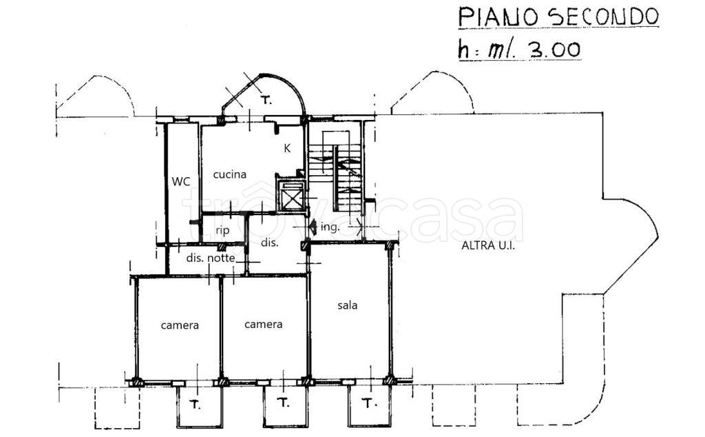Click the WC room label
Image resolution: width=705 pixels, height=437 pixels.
[x=181, y=182]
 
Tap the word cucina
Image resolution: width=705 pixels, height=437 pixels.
[x=230, y=174]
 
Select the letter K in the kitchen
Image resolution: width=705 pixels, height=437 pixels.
[x=287, y=148]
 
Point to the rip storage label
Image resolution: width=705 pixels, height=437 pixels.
[x=222, y=231]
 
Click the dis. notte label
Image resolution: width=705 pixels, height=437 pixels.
[x=211, y=258]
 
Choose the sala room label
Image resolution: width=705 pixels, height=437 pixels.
[x=348, y=305]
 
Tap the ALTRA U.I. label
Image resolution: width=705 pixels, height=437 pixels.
[x=488, y=246]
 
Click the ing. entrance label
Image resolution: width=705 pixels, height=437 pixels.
[x=330, y=227]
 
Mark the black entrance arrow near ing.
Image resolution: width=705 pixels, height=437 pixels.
[x=313, y=226]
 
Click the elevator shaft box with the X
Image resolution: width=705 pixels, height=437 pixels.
[x=291, y=196]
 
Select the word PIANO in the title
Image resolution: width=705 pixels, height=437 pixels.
[x=498, y=17]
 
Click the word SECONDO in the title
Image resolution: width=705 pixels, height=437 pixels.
[x=602, y=17]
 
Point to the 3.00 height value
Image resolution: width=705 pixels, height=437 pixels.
[x=556, y=49]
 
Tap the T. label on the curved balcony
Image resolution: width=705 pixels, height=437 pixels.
[x=267, y=101]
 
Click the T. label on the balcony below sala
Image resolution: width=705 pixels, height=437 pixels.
[x=368, y=403]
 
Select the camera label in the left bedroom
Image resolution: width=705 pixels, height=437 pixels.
[x=180, y=325]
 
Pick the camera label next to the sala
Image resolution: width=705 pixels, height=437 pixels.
[x=264, y=325]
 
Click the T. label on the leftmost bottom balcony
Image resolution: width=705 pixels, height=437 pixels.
[x=195, y=405]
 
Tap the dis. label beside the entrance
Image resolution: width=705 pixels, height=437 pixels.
[x=270, y=243]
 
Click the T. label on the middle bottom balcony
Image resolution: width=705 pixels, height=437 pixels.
[x=283, y=403]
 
